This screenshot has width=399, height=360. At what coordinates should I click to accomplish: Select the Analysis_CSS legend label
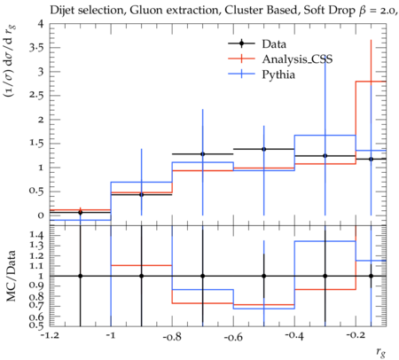coord(297,59)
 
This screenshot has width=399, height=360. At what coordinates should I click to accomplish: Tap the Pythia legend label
coord(278,74)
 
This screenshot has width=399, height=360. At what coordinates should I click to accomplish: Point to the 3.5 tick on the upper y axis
coord(35,48)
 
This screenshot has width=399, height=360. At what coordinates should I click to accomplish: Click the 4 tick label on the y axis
coord(40,24)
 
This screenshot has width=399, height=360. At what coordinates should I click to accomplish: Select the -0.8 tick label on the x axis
coord(172,337)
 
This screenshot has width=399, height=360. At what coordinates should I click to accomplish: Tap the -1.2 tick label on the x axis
coord(50,337)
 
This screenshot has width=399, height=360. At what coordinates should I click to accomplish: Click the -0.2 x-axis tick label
coord(356,337)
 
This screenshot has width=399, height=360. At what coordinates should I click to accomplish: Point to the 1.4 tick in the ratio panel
coord(36,235)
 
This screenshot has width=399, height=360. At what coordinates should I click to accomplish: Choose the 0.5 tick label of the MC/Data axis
coord(36,325)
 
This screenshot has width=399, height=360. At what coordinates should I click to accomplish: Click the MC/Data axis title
coord(11,276)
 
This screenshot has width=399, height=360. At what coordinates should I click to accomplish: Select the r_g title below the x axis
coord(381,351)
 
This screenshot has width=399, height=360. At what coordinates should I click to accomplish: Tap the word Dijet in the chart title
coord(61,11)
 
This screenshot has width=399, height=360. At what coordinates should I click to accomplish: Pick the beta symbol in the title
coord(362,11)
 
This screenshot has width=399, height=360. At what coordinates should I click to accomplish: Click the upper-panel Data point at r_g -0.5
coord(264,149)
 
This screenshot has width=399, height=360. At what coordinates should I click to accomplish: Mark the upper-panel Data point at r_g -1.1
coord(80,213)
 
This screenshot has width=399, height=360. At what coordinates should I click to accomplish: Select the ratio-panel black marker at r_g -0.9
coord(141,276)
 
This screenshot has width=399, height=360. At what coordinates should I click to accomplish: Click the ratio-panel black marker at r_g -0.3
coord(325,276)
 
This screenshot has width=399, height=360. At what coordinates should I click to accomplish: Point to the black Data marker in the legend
coord(241,43)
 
